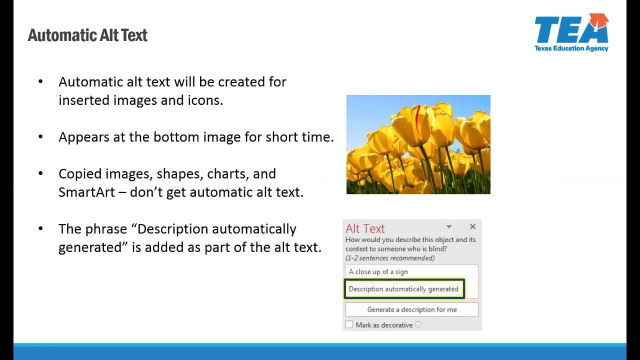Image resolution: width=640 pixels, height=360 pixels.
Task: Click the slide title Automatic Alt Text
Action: tap(87, 35)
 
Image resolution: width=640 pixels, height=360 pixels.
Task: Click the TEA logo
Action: tap(571, 30)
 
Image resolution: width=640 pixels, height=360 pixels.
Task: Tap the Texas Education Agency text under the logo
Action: tap(571, 48)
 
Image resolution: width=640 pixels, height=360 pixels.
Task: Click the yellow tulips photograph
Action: tap(418, 144)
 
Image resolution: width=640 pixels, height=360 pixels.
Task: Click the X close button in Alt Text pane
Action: tap(472, 227)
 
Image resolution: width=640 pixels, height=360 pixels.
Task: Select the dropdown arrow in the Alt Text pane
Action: tap(449, 227)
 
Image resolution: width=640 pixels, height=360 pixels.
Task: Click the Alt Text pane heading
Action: tap(365, 228)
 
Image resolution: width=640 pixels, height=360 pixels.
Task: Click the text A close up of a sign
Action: tap(378, 271)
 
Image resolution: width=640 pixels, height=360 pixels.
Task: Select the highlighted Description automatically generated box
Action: tap(404, 289)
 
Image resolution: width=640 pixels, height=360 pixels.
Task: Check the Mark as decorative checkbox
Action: tap(349, 325)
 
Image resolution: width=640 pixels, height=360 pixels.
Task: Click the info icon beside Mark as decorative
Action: tap(418, 325)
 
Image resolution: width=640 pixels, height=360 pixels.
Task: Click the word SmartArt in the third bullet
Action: tap(86, 192)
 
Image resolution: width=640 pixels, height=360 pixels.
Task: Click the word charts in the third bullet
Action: tap(225, 174)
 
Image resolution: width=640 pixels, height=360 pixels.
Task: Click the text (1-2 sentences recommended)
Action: tap(390, 258)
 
